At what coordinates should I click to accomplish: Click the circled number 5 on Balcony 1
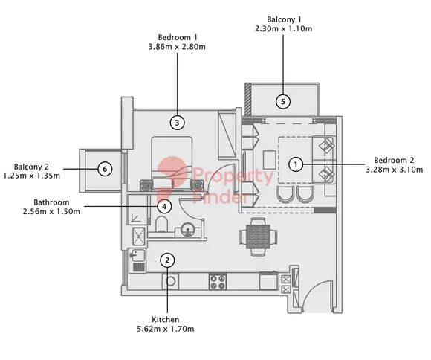point(283,102)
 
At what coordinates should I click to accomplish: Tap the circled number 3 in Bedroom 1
point(177,123)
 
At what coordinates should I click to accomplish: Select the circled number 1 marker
point(296,164)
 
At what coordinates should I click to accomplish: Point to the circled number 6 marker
point(105,169)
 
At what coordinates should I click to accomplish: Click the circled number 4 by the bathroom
point(164,207)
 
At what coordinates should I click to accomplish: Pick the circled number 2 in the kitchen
point(167,260)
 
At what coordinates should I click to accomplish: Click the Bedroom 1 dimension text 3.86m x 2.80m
point(177,47)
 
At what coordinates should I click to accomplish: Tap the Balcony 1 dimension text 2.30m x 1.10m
point(283,28)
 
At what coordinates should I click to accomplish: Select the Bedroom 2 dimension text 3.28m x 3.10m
point(394,170)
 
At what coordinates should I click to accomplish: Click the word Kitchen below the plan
point(166,320)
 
